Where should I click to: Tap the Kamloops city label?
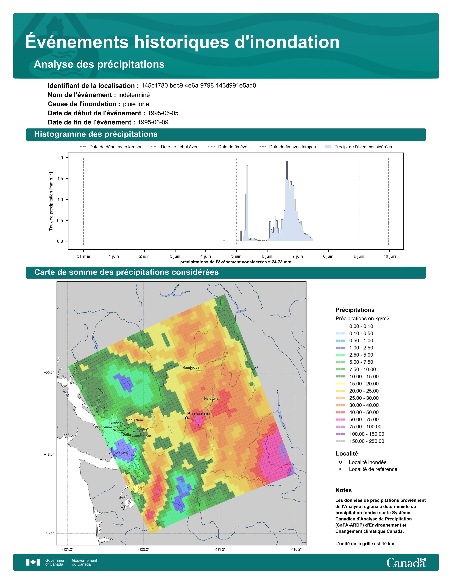coord(191,367)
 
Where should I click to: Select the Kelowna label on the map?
coord(211,398)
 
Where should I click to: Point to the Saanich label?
coord(121,453)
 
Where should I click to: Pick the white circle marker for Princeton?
coord(186,418)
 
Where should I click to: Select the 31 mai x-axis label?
coord(83,256)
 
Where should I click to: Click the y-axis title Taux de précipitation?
coord(51,201)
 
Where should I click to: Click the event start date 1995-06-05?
coord(163,113)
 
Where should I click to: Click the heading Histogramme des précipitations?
coord(96,134)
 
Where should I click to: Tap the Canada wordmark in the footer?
coord(406,563)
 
